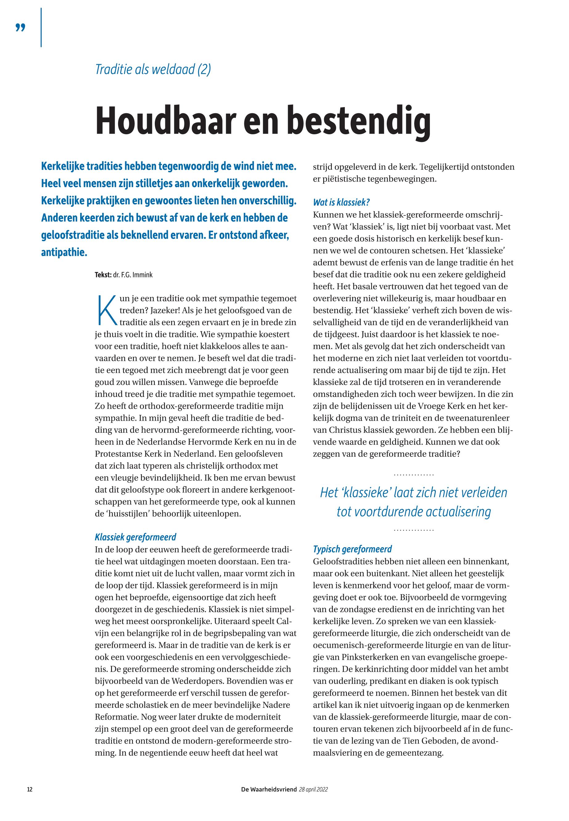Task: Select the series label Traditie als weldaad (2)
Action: tap(153, 69)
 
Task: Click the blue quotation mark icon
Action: tap(21, 28)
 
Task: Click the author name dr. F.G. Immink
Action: tap(133, 275)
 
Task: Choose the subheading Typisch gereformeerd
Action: tap(352, 549)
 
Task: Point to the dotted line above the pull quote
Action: tap(414, 475)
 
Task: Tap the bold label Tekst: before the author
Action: tap(103, 275)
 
